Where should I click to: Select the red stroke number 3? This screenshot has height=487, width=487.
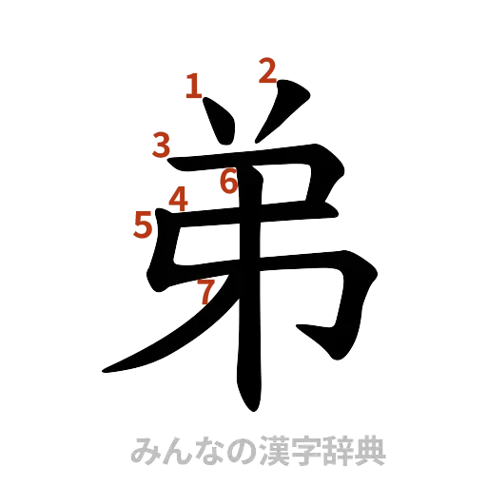162,146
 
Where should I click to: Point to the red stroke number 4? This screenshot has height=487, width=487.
178,198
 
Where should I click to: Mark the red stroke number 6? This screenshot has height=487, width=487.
227,180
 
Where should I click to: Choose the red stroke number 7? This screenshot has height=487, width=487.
205,291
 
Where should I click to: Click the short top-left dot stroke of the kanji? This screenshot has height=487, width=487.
217,123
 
